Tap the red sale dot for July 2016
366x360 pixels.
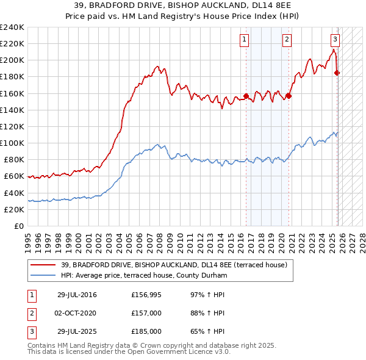click(x=246, y=96)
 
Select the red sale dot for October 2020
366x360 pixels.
click(x=289, y=96)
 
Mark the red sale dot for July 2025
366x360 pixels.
click(x=337, y=73)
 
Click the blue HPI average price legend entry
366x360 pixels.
click(x=144, y=276)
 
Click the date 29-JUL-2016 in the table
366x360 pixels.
click(x=77, y=295)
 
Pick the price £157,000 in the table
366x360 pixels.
click(x=146, y=314)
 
